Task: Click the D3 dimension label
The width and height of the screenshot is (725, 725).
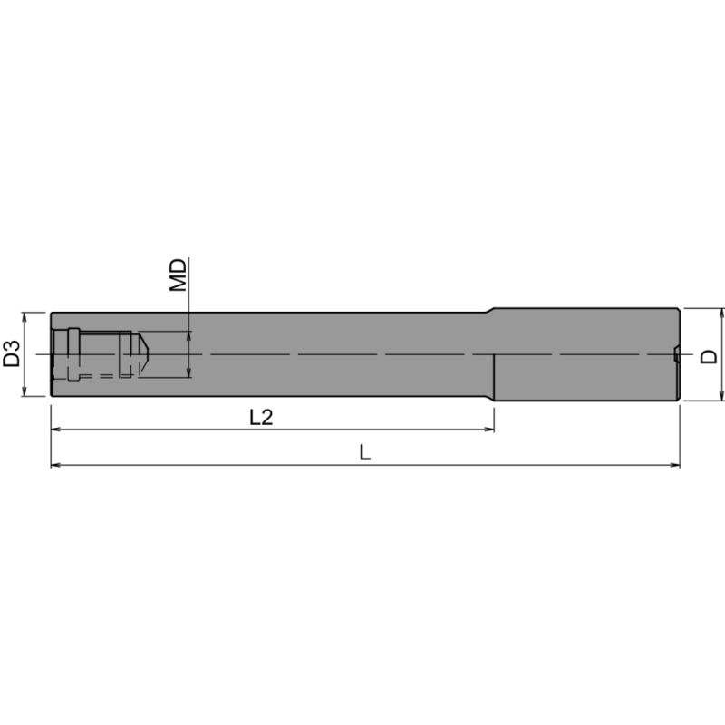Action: click(12, 354)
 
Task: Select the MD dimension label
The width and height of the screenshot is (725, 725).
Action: click(179, 274)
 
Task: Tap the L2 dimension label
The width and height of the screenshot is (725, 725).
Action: click(262, 418)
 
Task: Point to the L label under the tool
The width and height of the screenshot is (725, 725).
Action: click(364, 452)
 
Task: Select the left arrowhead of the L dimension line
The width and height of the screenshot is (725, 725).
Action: click(55, 466)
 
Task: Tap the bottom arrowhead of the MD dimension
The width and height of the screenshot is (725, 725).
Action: click(188, 372)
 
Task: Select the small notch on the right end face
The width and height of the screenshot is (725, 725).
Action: click(676, 354)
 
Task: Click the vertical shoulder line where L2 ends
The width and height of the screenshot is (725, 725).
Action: click(494, 376)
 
